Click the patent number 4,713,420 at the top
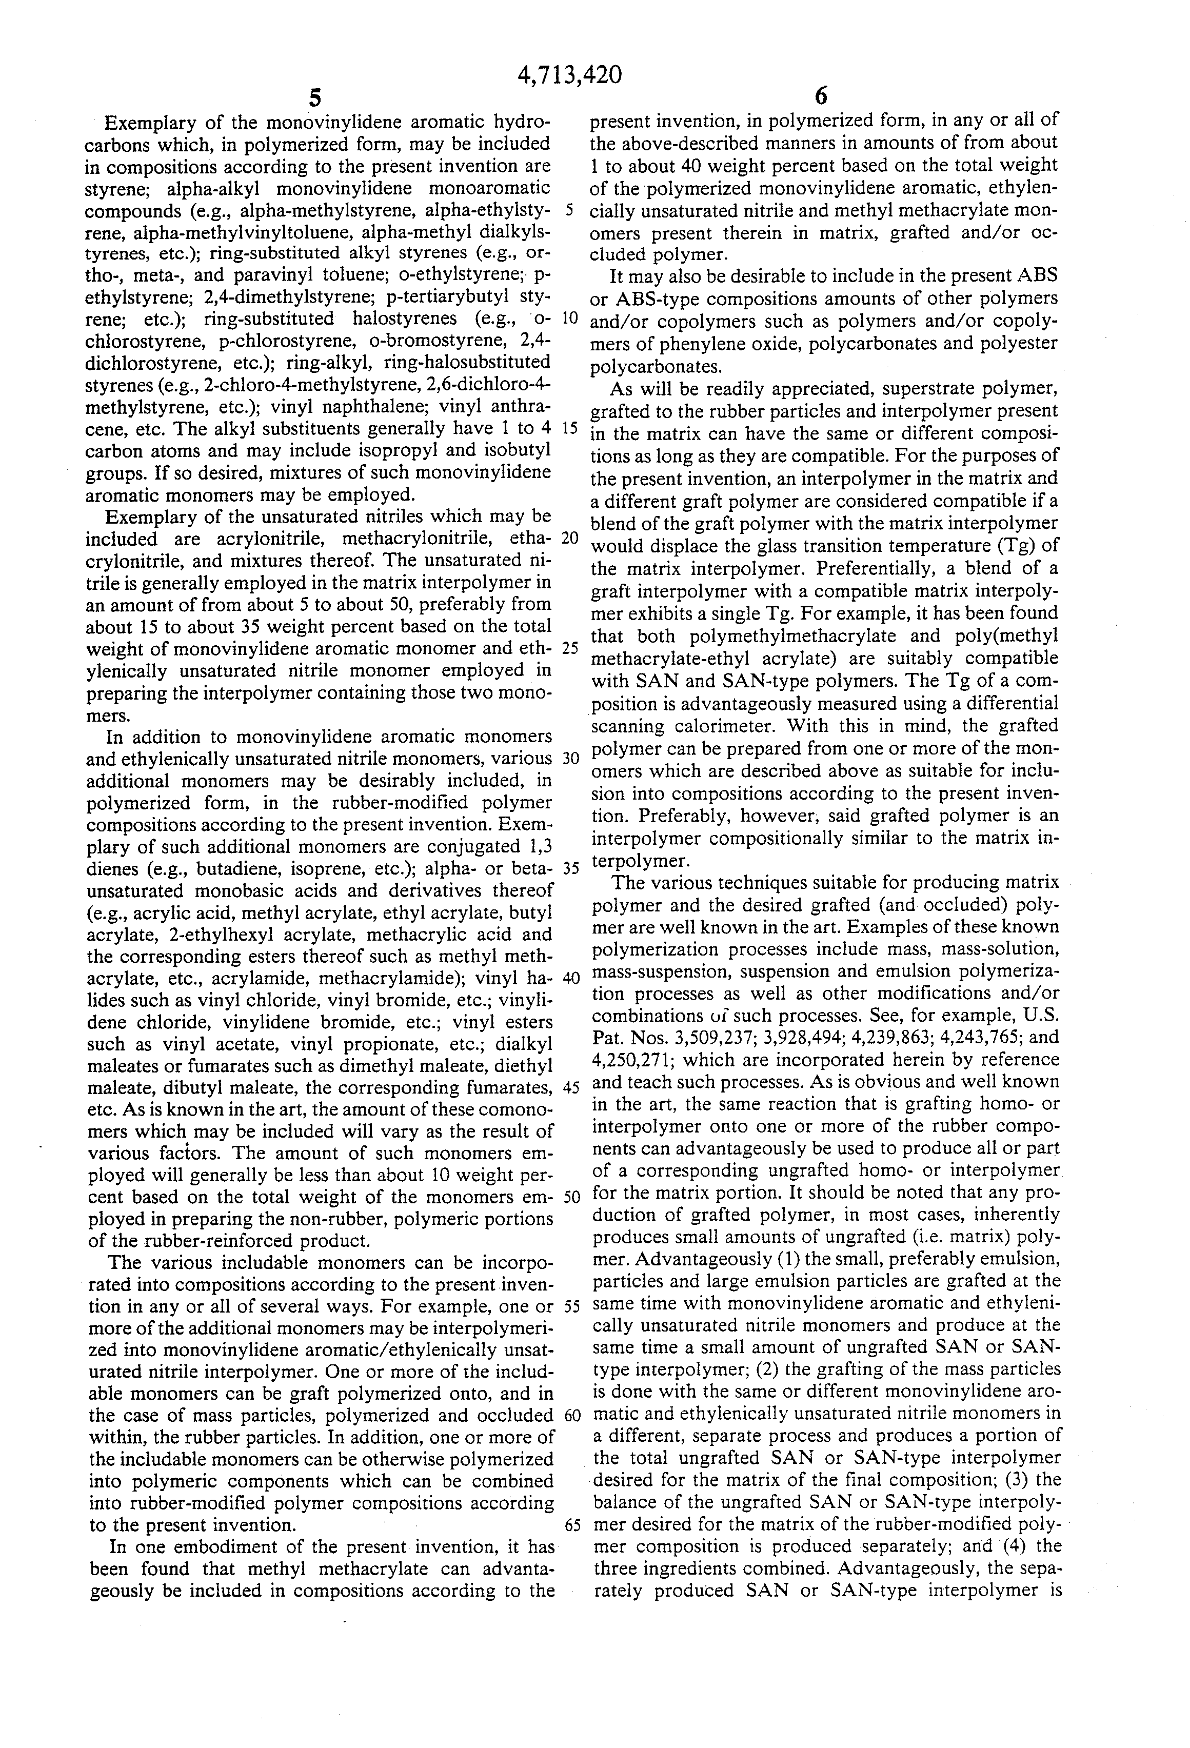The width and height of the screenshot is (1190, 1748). click(x=571, y=75)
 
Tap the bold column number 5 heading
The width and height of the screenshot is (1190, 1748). click(x=314, y=98)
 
